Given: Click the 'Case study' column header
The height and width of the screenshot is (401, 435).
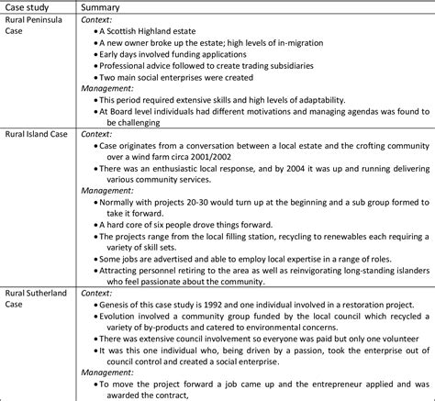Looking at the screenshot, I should [28, 7].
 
